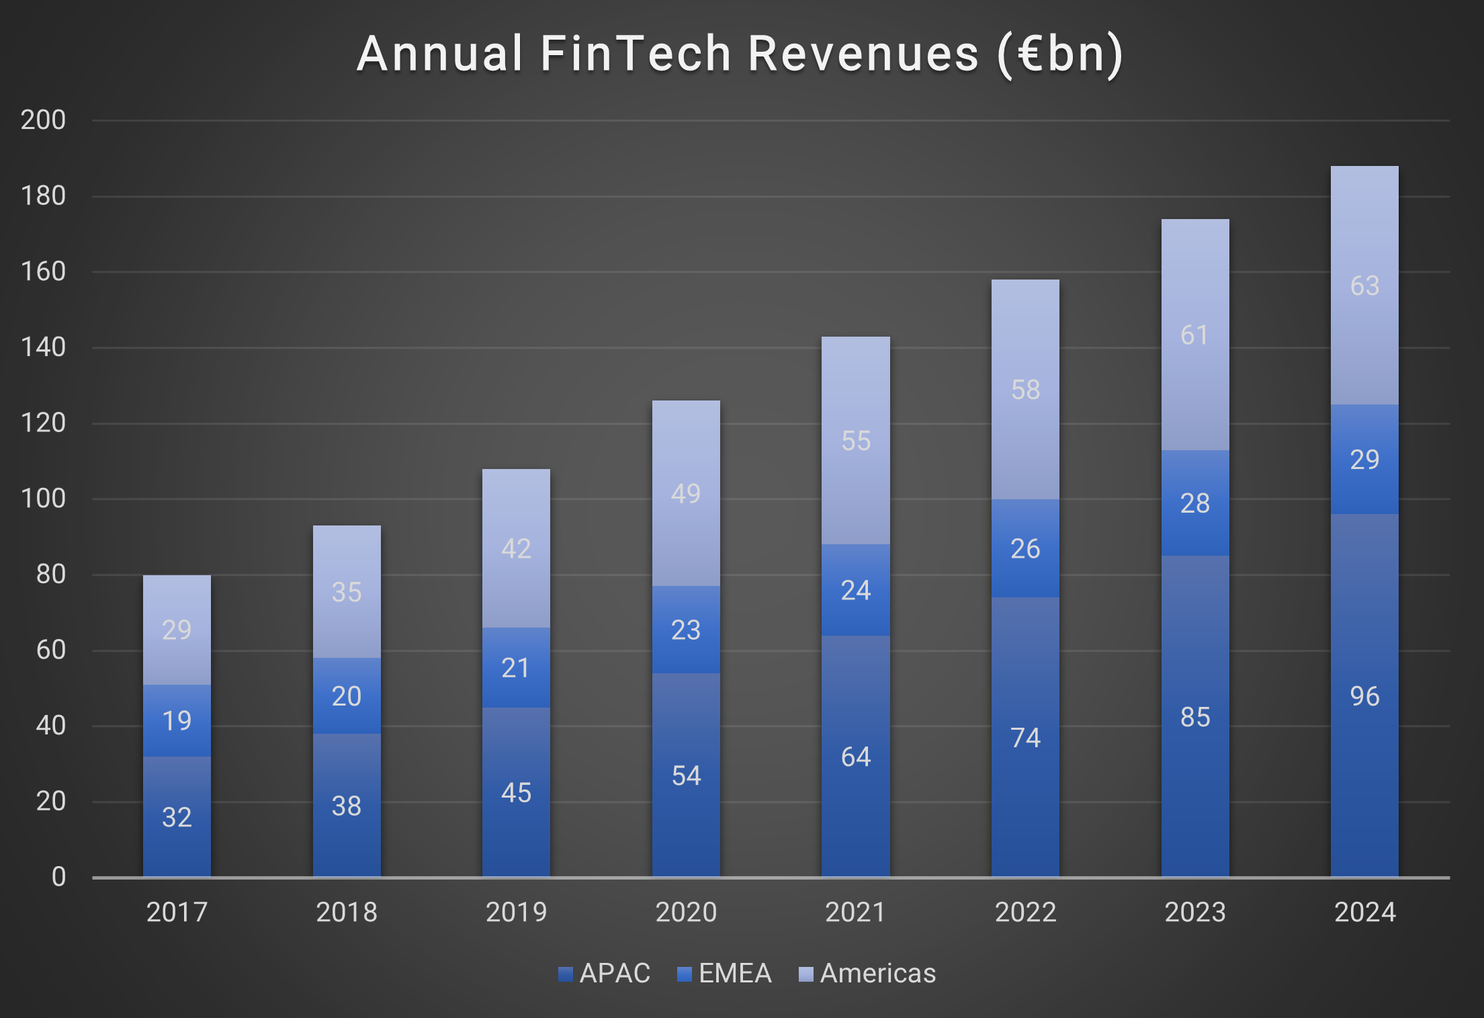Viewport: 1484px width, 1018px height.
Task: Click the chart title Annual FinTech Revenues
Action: coord(739,54)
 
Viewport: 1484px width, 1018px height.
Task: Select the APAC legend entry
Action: coord(605,973)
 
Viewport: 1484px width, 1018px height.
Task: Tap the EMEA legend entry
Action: coord(725,973)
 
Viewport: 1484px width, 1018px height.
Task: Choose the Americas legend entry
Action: coord(867,973)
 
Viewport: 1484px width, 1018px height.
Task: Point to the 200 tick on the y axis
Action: coord(43,120)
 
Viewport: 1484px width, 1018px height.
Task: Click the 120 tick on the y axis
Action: coord(43,423)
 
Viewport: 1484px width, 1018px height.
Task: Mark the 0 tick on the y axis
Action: coord(58,877)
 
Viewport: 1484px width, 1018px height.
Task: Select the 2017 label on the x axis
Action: coord(177,913)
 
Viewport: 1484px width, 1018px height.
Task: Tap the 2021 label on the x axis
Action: coord(855,913)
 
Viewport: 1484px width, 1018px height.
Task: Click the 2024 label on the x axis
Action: coord(1364,913)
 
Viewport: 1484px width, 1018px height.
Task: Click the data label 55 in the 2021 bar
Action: coord(856,441)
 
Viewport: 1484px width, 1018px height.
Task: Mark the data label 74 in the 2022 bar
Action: coord(1025,738)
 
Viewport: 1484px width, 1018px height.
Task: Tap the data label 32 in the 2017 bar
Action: coord(177,817)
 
